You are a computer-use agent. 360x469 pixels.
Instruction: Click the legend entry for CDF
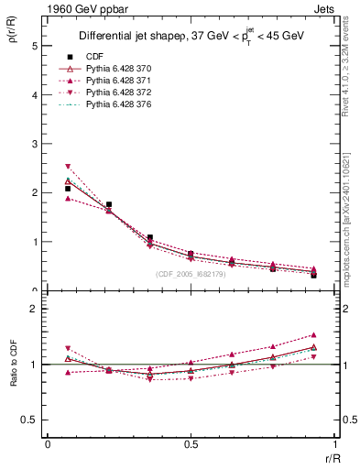(x=93, y=56)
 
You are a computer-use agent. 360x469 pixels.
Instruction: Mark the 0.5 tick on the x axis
(x=191, y=444)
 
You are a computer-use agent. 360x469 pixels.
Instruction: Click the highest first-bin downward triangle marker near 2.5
(x=68, y=167)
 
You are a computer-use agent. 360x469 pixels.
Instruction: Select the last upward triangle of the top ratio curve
(x=313, y=335)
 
